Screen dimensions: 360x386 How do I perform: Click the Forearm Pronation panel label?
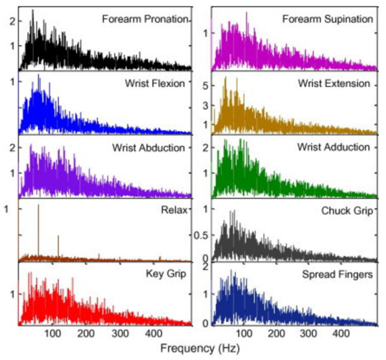tap(147, 19)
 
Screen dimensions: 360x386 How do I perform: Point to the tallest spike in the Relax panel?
tap(38, 232)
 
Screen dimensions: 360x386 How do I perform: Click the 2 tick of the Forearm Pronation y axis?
tap(11, 21)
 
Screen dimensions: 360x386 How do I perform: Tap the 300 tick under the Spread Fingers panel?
tap(312, 333)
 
